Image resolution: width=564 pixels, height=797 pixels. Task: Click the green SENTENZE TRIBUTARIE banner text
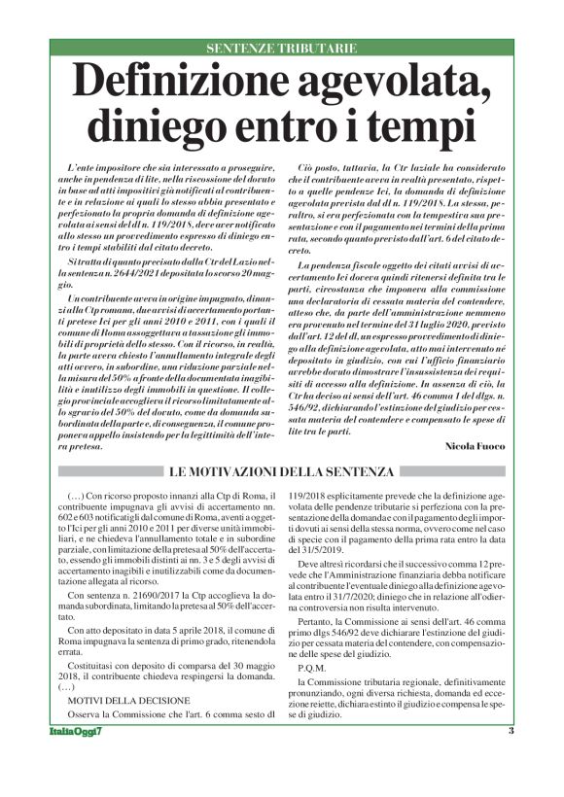281,47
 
